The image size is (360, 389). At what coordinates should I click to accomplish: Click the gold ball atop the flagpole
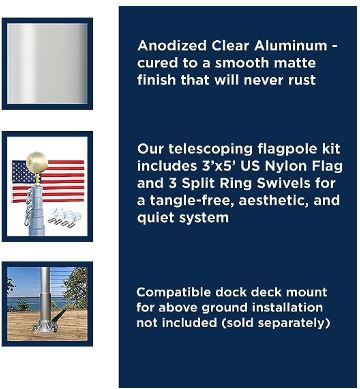(36, 161)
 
